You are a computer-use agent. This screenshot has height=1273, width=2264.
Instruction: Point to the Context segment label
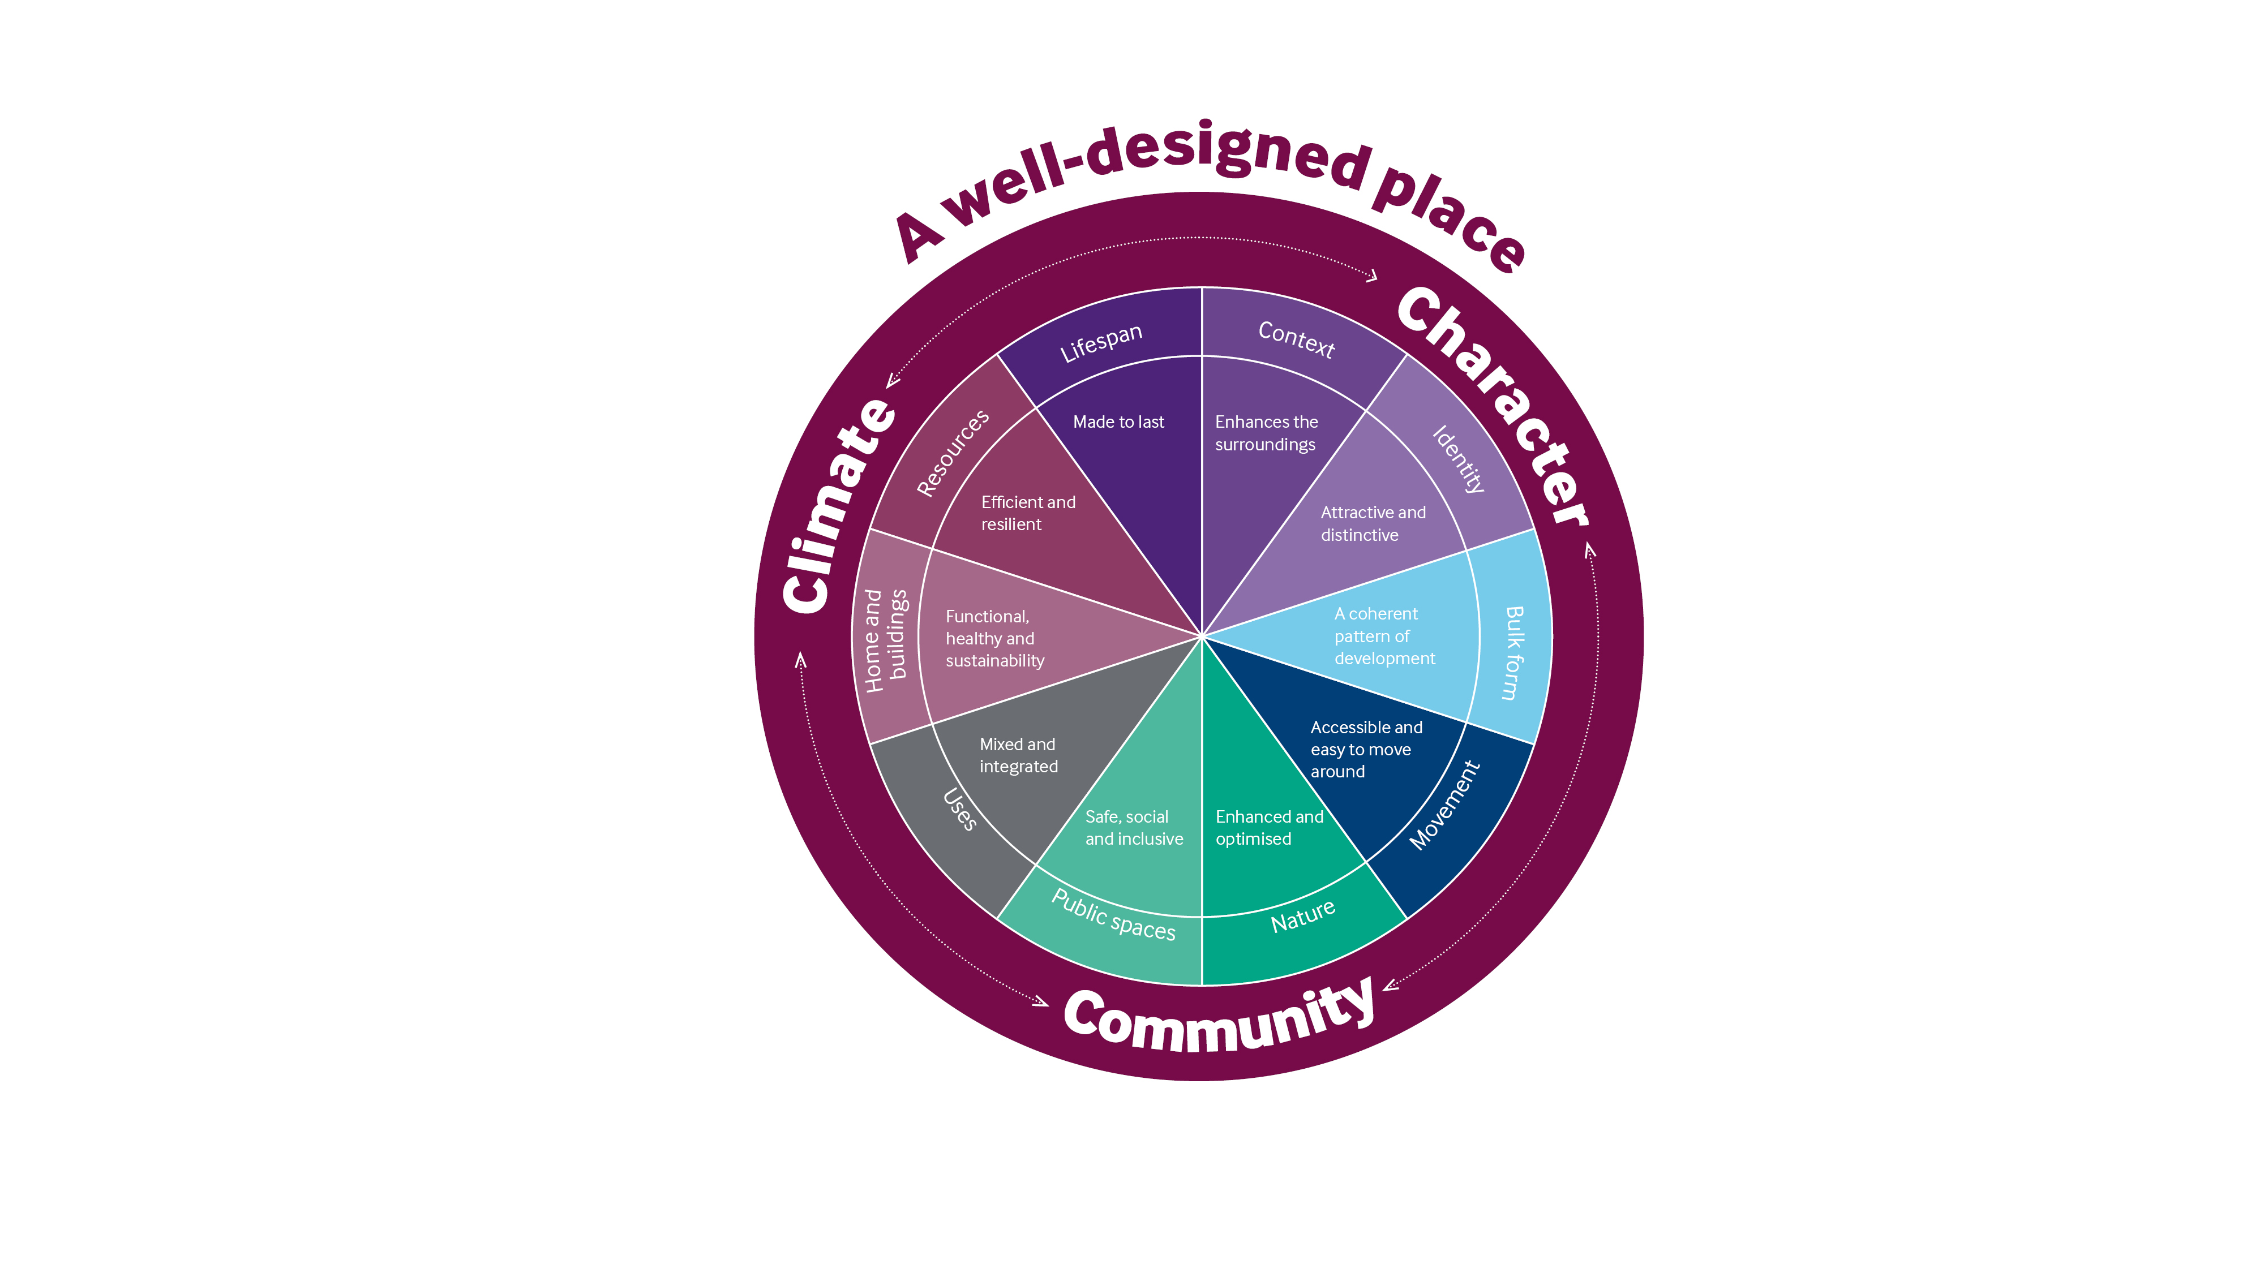click(x=1296, y=339)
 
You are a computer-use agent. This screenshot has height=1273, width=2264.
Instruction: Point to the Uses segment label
click(x=960, y=809)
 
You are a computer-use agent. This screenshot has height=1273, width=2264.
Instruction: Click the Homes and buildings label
click(x=885, y=639)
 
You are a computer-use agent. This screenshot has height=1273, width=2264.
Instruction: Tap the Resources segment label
click(x=953, y=453)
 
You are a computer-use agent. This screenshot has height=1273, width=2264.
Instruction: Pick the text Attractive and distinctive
click(x=1372, y=523)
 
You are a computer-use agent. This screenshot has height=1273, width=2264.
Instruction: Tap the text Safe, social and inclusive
click(x=1133, y=828)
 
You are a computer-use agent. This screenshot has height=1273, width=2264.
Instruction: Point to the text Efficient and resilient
click(x=1027, y=513)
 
